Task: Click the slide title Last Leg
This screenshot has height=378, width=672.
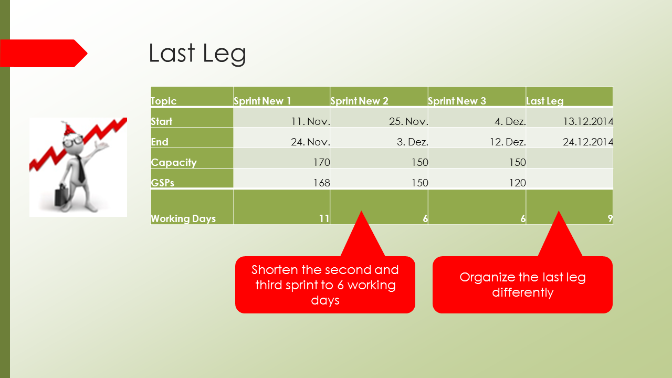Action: (x=197, y=54)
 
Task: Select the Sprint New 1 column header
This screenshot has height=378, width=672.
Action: (x=262, y=101)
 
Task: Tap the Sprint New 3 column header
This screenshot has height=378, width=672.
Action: (x=457, y=101)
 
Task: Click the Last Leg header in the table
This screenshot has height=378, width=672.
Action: (x=545, y=101)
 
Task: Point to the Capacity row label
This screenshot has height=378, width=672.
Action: (x=174, y=162)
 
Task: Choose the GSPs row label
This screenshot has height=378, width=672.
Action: (x=163, y=183)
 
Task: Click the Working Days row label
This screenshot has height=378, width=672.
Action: (x=183, y=218)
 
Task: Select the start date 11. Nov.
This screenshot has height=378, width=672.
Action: (x=310, y=121)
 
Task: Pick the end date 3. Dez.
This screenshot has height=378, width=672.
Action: (x=413, y=142)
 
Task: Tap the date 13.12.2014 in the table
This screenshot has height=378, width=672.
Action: (x=588, y=121)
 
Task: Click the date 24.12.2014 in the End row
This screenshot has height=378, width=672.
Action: (x=588, y=142)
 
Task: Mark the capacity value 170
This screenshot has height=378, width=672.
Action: (x=322, y=162)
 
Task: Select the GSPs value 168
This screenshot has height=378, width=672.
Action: (x=322, y=183)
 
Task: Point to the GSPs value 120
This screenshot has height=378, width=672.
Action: (x=518, y=183)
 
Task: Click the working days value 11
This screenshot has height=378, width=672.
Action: (x=324, y=218)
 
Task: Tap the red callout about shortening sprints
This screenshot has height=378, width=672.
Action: (x=325, y=285)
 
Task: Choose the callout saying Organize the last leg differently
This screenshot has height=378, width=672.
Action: (x=522, y=285)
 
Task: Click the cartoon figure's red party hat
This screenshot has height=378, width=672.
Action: (x=68, y=129)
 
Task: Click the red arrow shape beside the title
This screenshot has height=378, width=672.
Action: (x=44, y=54)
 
